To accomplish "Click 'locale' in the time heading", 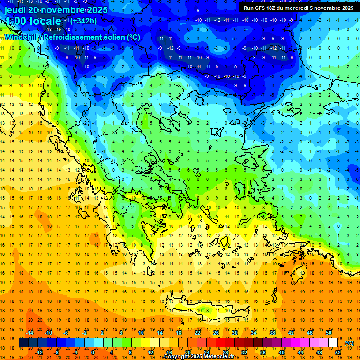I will [45, 21].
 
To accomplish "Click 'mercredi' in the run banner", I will [305, 8].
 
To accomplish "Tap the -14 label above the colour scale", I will [30, 332].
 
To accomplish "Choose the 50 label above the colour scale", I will [329, 332].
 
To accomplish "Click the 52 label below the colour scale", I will [338, 352].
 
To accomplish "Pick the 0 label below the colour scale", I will [93, 352].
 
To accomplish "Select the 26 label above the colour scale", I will [216, 332].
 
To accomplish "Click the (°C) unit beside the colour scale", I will [349, 343].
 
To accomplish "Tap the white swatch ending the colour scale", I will [333, 343].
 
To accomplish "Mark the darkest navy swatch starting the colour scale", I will [23, 343].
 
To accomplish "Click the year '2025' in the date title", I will [97, 10].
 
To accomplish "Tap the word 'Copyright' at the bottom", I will [179, 357].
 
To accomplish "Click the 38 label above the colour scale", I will [272, 332].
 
